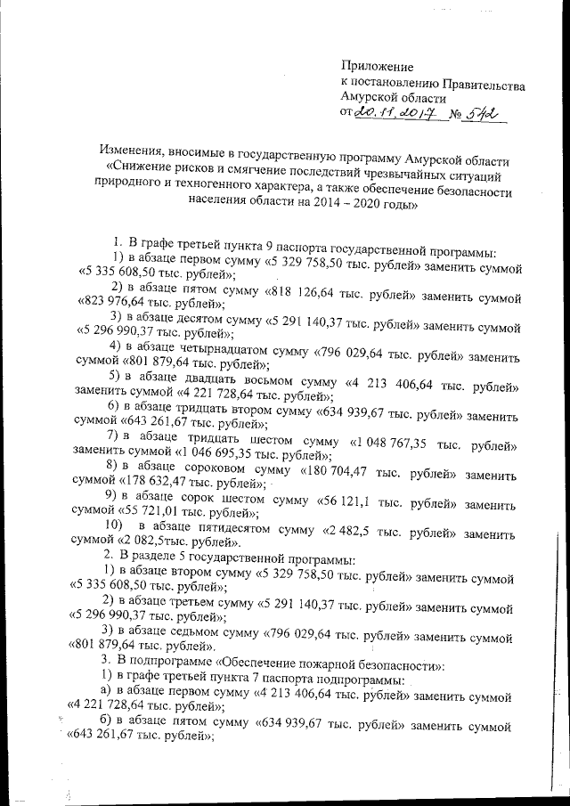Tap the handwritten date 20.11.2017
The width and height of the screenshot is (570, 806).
click(392, 114)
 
